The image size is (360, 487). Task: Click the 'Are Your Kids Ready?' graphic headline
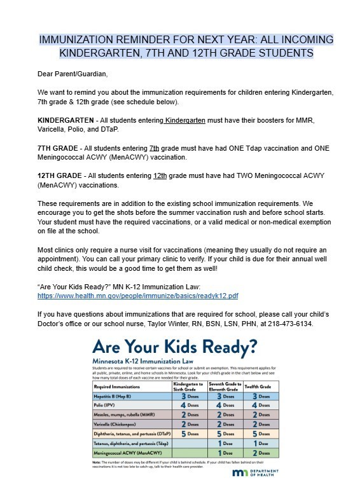click(x=174, y=348)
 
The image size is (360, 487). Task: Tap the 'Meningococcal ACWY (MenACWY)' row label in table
click(x=127, y=452)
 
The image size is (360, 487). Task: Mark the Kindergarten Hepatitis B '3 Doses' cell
click(x=188, y=395)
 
